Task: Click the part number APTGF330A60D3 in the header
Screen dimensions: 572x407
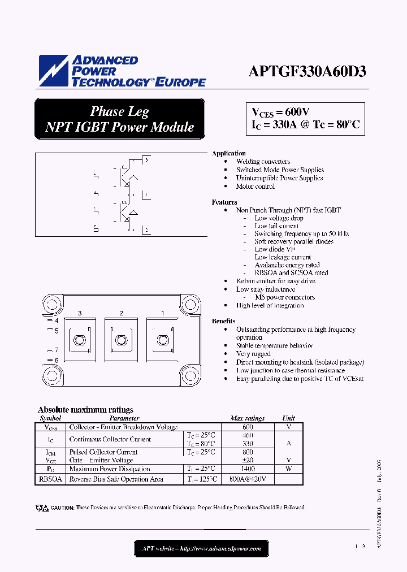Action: point(308,72)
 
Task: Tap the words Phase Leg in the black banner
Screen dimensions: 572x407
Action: point(119,111)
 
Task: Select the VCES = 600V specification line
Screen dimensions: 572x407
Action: point(280,112)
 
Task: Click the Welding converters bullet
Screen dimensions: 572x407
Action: point(263,162)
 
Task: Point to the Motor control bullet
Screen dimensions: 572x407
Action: point(256,186)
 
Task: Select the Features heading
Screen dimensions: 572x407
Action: point(224,202)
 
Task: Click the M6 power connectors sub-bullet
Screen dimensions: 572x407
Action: point(284,297)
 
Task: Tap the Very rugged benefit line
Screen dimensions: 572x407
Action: point(253,354)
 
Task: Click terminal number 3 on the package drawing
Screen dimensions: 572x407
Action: point(80,313)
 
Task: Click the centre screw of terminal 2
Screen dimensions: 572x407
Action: point(119,340)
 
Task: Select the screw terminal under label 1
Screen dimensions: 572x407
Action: point(162,340)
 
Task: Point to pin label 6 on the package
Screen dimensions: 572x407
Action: point(57,360)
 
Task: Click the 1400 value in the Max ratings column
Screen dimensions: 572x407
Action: point(248,469)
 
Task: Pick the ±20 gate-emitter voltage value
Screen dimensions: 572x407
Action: point(248,460)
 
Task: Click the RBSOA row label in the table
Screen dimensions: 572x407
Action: point(51,479)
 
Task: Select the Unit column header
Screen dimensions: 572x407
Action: point(288,418)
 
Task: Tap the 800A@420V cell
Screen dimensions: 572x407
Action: point(248,479)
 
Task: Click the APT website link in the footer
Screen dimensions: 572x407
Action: point(201,548)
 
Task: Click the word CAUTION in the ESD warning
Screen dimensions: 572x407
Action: point(62,508)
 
